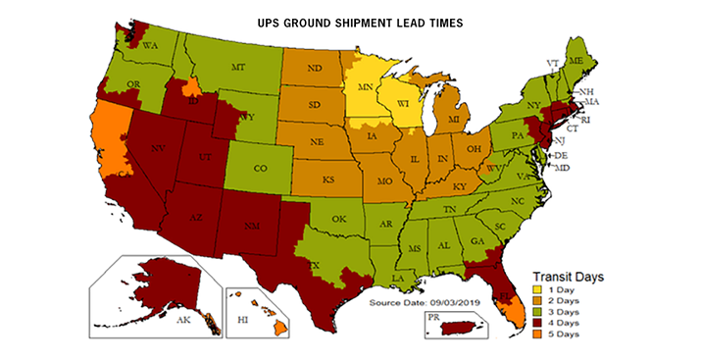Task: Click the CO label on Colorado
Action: (x=261, y=168)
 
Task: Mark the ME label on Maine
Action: (x=577, y=61)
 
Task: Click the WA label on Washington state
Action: (x=151, y=46)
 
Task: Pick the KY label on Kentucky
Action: (x=459, y=184)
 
